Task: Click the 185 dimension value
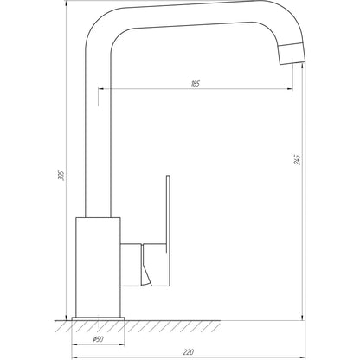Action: tap(196, 83)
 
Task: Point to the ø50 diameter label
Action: tap(99, 339)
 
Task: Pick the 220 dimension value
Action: tap(189, 351)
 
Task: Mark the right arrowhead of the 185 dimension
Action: tap(290, 88)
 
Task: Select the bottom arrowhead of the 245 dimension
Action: tap(302, 314)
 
